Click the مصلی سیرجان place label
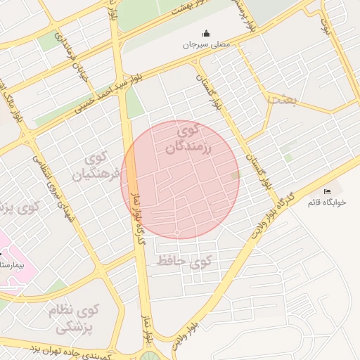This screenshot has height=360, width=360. point(207,44)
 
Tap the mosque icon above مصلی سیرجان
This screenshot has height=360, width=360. point(206,33)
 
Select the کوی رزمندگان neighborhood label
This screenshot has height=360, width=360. point(188,139)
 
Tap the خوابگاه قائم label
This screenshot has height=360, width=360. point(328,202)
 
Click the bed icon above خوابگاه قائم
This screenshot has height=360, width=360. point(327,191)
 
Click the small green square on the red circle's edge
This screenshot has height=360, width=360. point(236,175)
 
